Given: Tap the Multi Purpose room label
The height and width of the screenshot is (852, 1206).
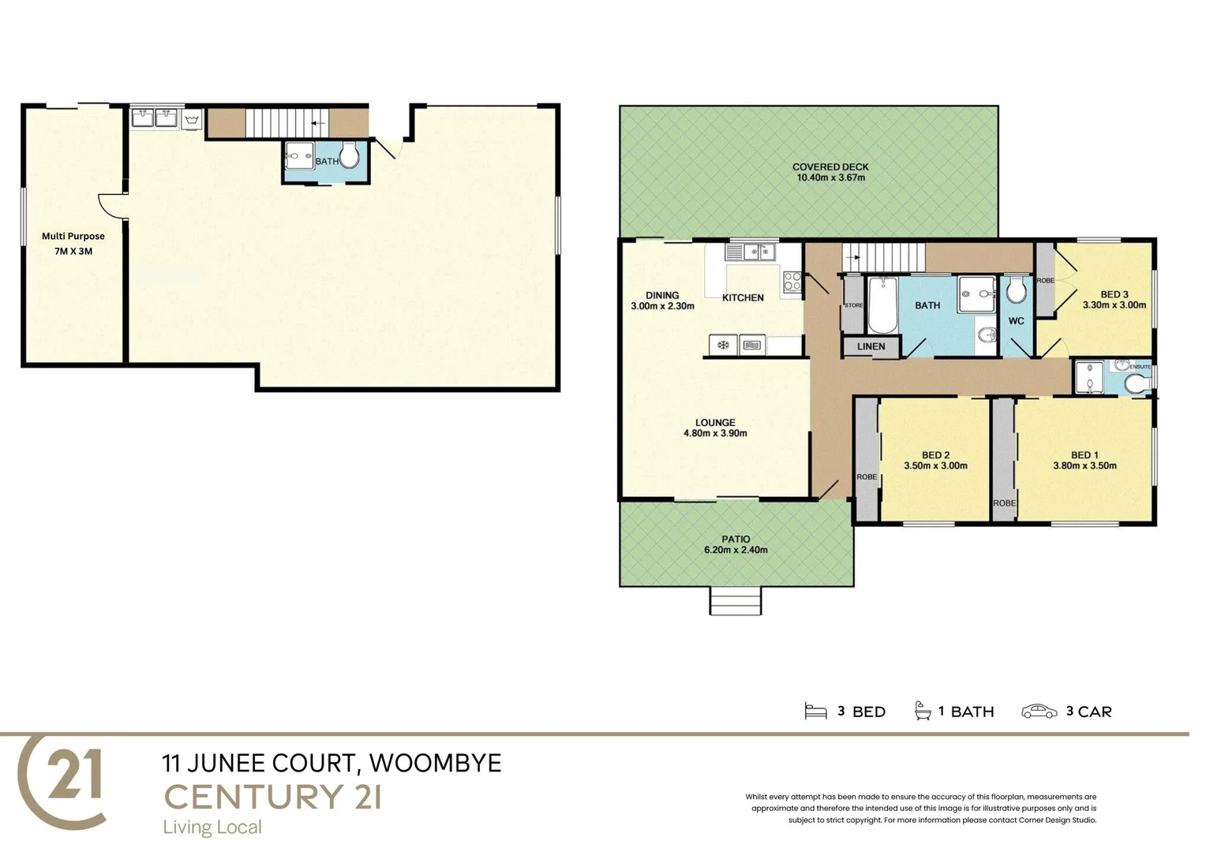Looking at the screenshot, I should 73,236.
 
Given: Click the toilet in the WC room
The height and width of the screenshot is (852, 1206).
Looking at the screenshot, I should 1016,291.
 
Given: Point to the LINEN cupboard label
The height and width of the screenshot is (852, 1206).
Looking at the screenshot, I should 871,346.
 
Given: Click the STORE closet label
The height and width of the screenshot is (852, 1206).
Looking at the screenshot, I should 853,305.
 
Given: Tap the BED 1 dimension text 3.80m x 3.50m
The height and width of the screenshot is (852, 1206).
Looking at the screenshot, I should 1084,465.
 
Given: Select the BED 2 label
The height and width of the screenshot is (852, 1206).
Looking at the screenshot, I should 935,454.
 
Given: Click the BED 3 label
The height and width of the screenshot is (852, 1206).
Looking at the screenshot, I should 1114,294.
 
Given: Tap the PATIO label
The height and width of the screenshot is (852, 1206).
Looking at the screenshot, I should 736,539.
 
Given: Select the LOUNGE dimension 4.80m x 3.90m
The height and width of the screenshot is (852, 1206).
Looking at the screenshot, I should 715,433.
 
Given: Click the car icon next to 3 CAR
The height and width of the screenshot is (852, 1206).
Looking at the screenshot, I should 1039,712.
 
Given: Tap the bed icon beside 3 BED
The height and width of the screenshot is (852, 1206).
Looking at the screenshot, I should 815,712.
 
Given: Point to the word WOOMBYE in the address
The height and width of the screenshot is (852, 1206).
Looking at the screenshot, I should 435,763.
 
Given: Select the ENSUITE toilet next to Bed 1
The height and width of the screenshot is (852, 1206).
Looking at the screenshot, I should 1134,383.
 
